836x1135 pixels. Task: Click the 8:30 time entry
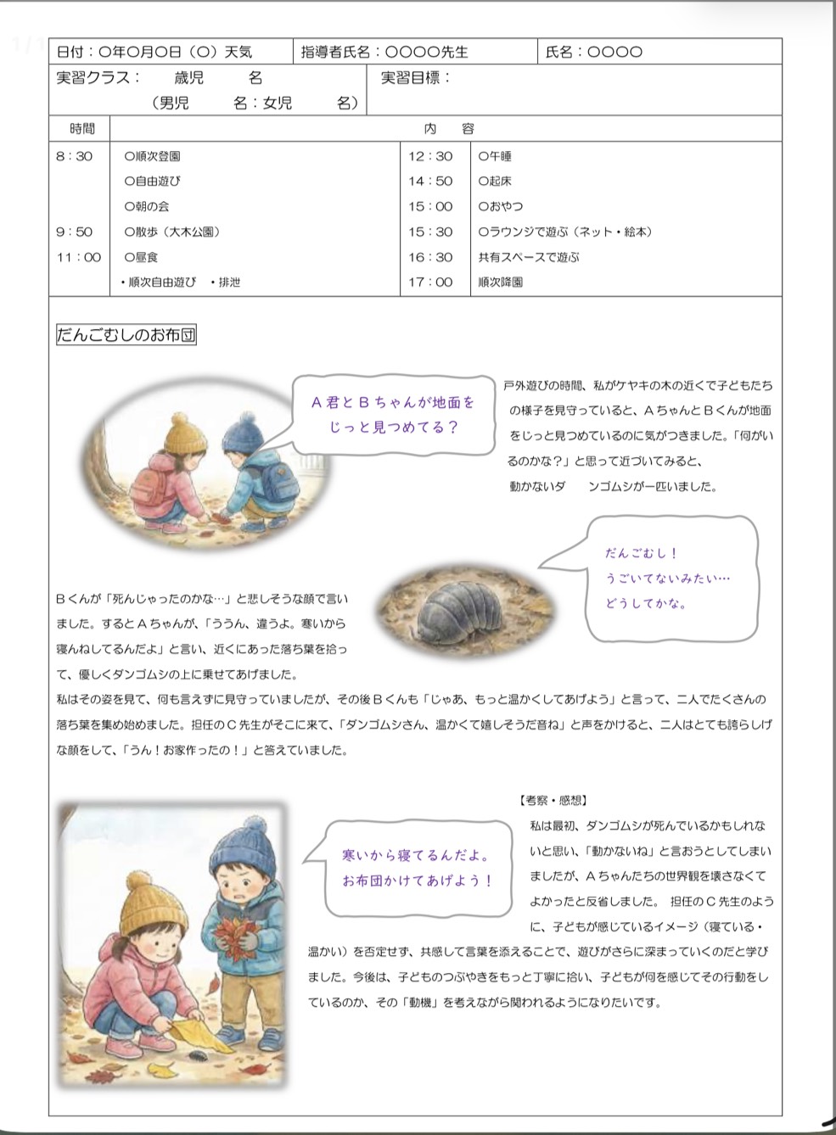(74, 156)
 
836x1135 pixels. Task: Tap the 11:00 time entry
(78, 257)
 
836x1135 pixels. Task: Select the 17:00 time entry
(430, 282)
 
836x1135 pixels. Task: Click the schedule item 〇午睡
(495, 156)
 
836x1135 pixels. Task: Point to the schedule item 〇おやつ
(501, 206)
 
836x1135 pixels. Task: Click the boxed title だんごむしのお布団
(126, 335)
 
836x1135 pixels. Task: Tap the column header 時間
(82, 129)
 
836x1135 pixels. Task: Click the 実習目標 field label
(415, 78)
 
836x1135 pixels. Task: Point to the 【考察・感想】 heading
(553, 800)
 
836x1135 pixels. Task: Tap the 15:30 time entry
(430, 232)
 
